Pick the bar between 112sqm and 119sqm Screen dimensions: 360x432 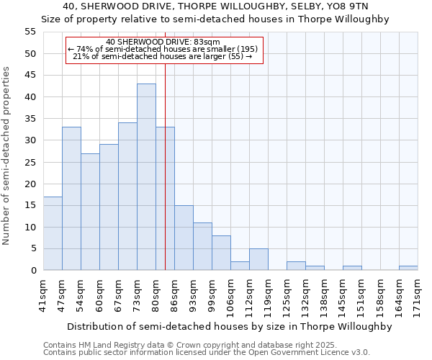coord(258,259)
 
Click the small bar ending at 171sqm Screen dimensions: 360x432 coord(408,268)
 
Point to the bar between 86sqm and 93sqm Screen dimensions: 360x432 coord(184,238)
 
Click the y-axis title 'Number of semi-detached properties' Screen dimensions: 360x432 coord(7,156)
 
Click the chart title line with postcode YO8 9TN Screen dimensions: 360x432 coord(215,6)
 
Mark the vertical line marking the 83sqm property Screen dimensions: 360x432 coord(165,180)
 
